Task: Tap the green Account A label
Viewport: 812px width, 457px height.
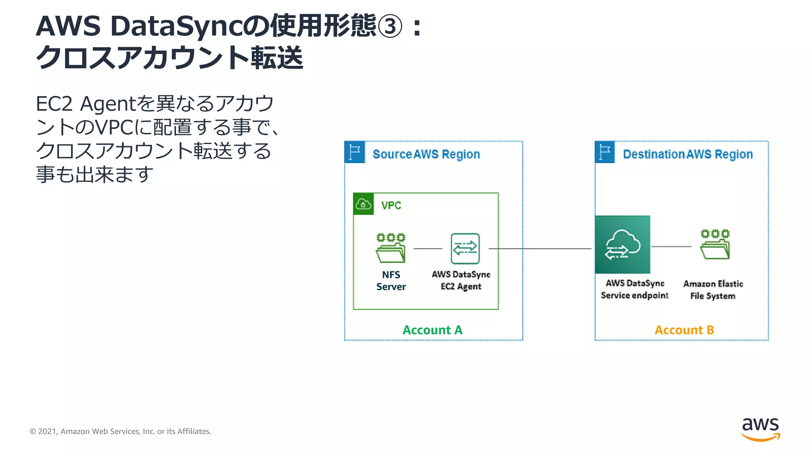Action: tap(432, 330)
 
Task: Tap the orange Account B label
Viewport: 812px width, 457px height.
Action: tap(684, 330)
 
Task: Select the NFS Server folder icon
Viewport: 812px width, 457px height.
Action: tap(391, 248)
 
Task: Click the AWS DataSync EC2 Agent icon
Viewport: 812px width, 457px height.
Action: tap(465, 249)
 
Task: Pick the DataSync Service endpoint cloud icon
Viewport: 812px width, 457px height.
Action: tap(622, 245)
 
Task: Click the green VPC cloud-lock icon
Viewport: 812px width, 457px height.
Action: tap(363, 204)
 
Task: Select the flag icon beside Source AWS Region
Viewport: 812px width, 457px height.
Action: tap(354, 152)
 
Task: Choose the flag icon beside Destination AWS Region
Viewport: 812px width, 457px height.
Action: tap(605, 152)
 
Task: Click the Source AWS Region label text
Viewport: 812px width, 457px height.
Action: tap(426, 154)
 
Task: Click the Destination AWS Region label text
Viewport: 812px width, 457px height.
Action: tap(688, 154)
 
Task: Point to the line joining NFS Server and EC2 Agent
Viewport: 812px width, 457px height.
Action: tap(428, 249)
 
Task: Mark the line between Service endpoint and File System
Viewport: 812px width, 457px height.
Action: tap(671, 247)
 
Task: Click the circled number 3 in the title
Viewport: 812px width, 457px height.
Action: tap(390, 27)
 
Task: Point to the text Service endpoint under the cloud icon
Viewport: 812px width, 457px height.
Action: tap(634, 296)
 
